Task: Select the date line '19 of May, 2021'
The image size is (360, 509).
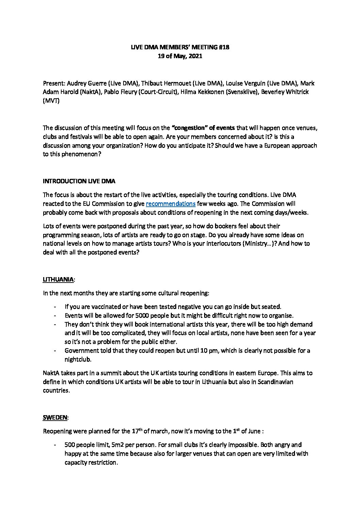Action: (x=180, y=56)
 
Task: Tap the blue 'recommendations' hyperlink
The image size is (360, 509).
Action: (x=170, y=204)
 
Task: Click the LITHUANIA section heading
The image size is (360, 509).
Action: (x=58, y=279)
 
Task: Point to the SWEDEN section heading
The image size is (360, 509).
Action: (x=55, y=418)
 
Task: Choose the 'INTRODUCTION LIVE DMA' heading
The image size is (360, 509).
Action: (x=79, y=181)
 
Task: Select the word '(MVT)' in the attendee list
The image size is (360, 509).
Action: (x=51, y=101)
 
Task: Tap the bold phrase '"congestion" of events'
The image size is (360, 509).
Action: (x=203, y=128)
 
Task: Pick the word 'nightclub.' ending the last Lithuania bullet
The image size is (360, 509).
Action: (x=78, y=359)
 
